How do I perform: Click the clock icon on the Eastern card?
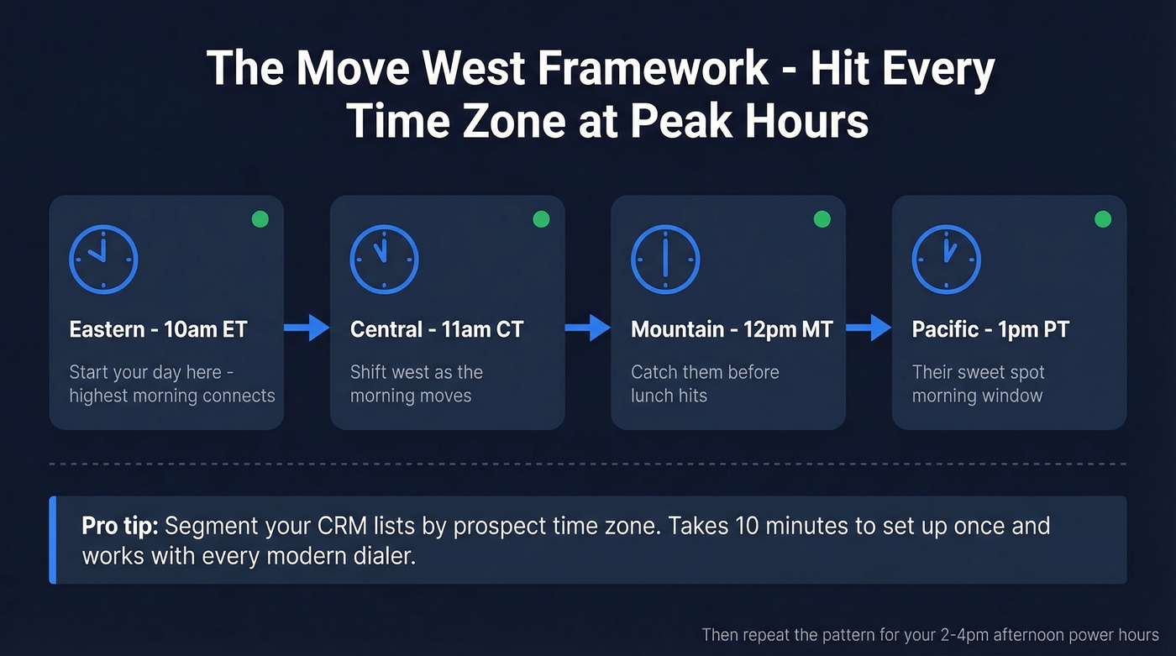103,259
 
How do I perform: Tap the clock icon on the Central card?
384,259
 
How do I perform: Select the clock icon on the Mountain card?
664,259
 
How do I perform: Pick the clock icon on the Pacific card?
946,259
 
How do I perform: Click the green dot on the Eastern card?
260,219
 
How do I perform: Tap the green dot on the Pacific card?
1103,219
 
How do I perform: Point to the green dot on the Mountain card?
822,219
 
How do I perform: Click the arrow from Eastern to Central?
307,328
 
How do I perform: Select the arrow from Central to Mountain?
588,328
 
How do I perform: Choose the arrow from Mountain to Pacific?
869,328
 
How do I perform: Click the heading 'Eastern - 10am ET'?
158,329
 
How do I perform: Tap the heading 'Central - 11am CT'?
437,329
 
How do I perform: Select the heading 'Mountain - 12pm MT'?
731,329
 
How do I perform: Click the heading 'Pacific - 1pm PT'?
990,329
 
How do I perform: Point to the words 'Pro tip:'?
119,527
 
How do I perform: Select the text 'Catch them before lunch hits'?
705,383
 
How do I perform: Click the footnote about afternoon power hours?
930,635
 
